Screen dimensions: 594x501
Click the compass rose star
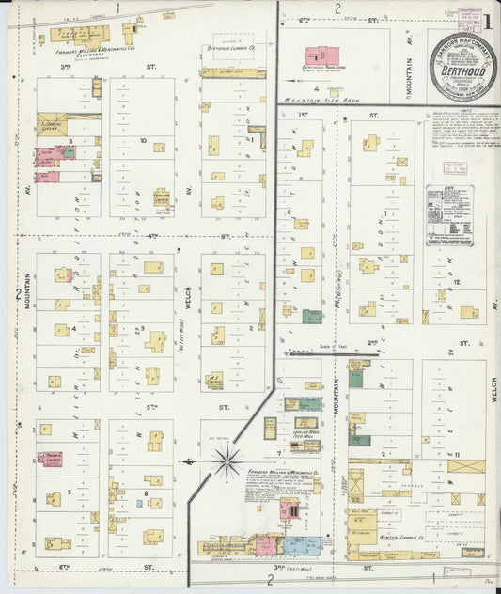[226, 461]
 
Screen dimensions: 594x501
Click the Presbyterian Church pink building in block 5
[55, 460]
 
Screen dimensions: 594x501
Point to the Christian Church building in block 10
[162, 198]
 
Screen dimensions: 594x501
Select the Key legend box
[448, 215]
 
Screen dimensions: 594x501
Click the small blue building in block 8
[139, 504]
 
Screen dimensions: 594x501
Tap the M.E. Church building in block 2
[214, 381]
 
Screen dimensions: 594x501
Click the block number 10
[142, 142]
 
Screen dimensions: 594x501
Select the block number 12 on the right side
[456, 282]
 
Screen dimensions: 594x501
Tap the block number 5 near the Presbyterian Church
[69, 492]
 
